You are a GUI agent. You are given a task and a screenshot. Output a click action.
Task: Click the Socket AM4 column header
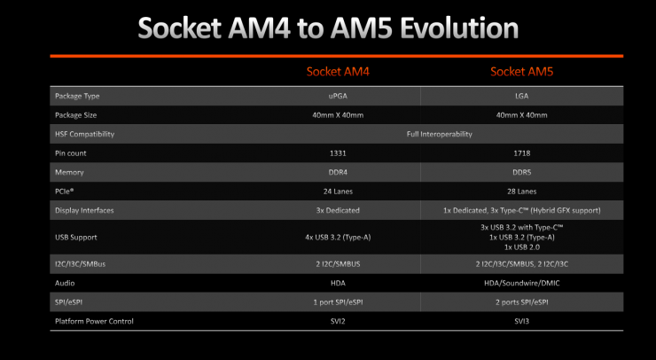[338, 72]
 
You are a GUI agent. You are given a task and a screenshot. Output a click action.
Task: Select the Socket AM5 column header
[522, 72]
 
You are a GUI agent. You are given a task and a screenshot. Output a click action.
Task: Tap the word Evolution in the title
[459, 28]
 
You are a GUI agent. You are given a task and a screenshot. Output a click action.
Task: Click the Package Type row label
[77, 97]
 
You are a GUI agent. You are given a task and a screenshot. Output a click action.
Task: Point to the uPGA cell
[338, 96]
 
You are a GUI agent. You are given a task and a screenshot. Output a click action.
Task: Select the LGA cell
[522, 96]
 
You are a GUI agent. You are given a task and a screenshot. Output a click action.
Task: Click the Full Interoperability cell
[440, 135]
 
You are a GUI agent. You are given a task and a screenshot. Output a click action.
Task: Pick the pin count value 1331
[338, 153]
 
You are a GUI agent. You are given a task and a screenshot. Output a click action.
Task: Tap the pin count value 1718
[522, 153]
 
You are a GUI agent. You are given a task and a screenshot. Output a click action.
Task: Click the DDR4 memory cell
[338, 172]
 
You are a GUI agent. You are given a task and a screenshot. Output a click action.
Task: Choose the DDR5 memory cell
[522, 172]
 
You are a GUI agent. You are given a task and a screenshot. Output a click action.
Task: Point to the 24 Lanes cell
[338, 192]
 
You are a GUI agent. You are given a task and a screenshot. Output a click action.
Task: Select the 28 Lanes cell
[522, 192]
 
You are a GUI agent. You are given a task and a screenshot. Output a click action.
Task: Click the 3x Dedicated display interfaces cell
[338, 210]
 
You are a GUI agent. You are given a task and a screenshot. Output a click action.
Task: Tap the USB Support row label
[75, 238]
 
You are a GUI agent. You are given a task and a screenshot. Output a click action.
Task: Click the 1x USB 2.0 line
[522, 247]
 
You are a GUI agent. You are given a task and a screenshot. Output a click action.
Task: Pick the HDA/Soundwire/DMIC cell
[522, 283]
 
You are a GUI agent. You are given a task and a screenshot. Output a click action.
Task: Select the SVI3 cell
[522, 321]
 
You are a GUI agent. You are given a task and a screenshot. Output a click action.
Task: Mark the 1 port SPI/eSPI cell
[338, 302]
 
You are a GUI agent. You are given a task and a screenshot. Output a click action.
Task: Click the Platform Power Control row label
[94, 321]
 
